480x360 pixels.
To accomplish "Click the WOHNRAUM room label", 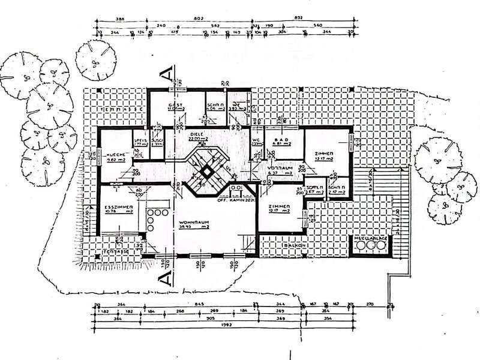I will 193,222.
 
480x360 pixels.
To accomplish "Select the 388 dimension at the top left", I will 119,19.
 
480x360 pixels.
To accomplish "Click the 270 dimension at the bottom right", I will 370,304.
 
